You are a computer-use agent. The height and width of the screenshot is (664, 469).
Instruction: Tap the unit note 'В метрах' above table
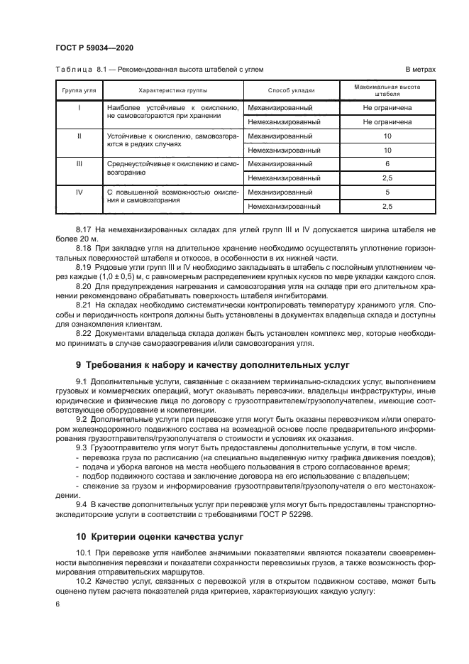[420, 69]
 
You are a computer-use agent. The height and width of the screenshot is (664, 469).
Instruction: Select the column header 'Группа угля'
[79, 91]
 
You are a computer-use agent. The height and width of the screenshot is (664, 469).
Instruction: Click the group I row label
[79, 107]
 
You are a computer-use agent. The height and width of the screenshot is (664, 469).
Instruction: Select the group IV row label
[79, 192]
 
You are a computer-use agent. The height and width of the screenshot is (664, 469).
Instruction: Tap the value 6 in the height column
[387, 164]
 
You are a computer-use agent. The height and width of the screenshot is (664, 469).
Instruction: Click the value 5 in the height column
[387, 192]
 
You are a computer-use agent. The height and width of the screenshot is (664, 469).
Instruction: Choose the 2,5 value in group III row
[387, 178]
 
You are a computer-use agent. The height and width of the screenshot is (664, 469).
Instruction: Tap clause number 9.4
[82, 503]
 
